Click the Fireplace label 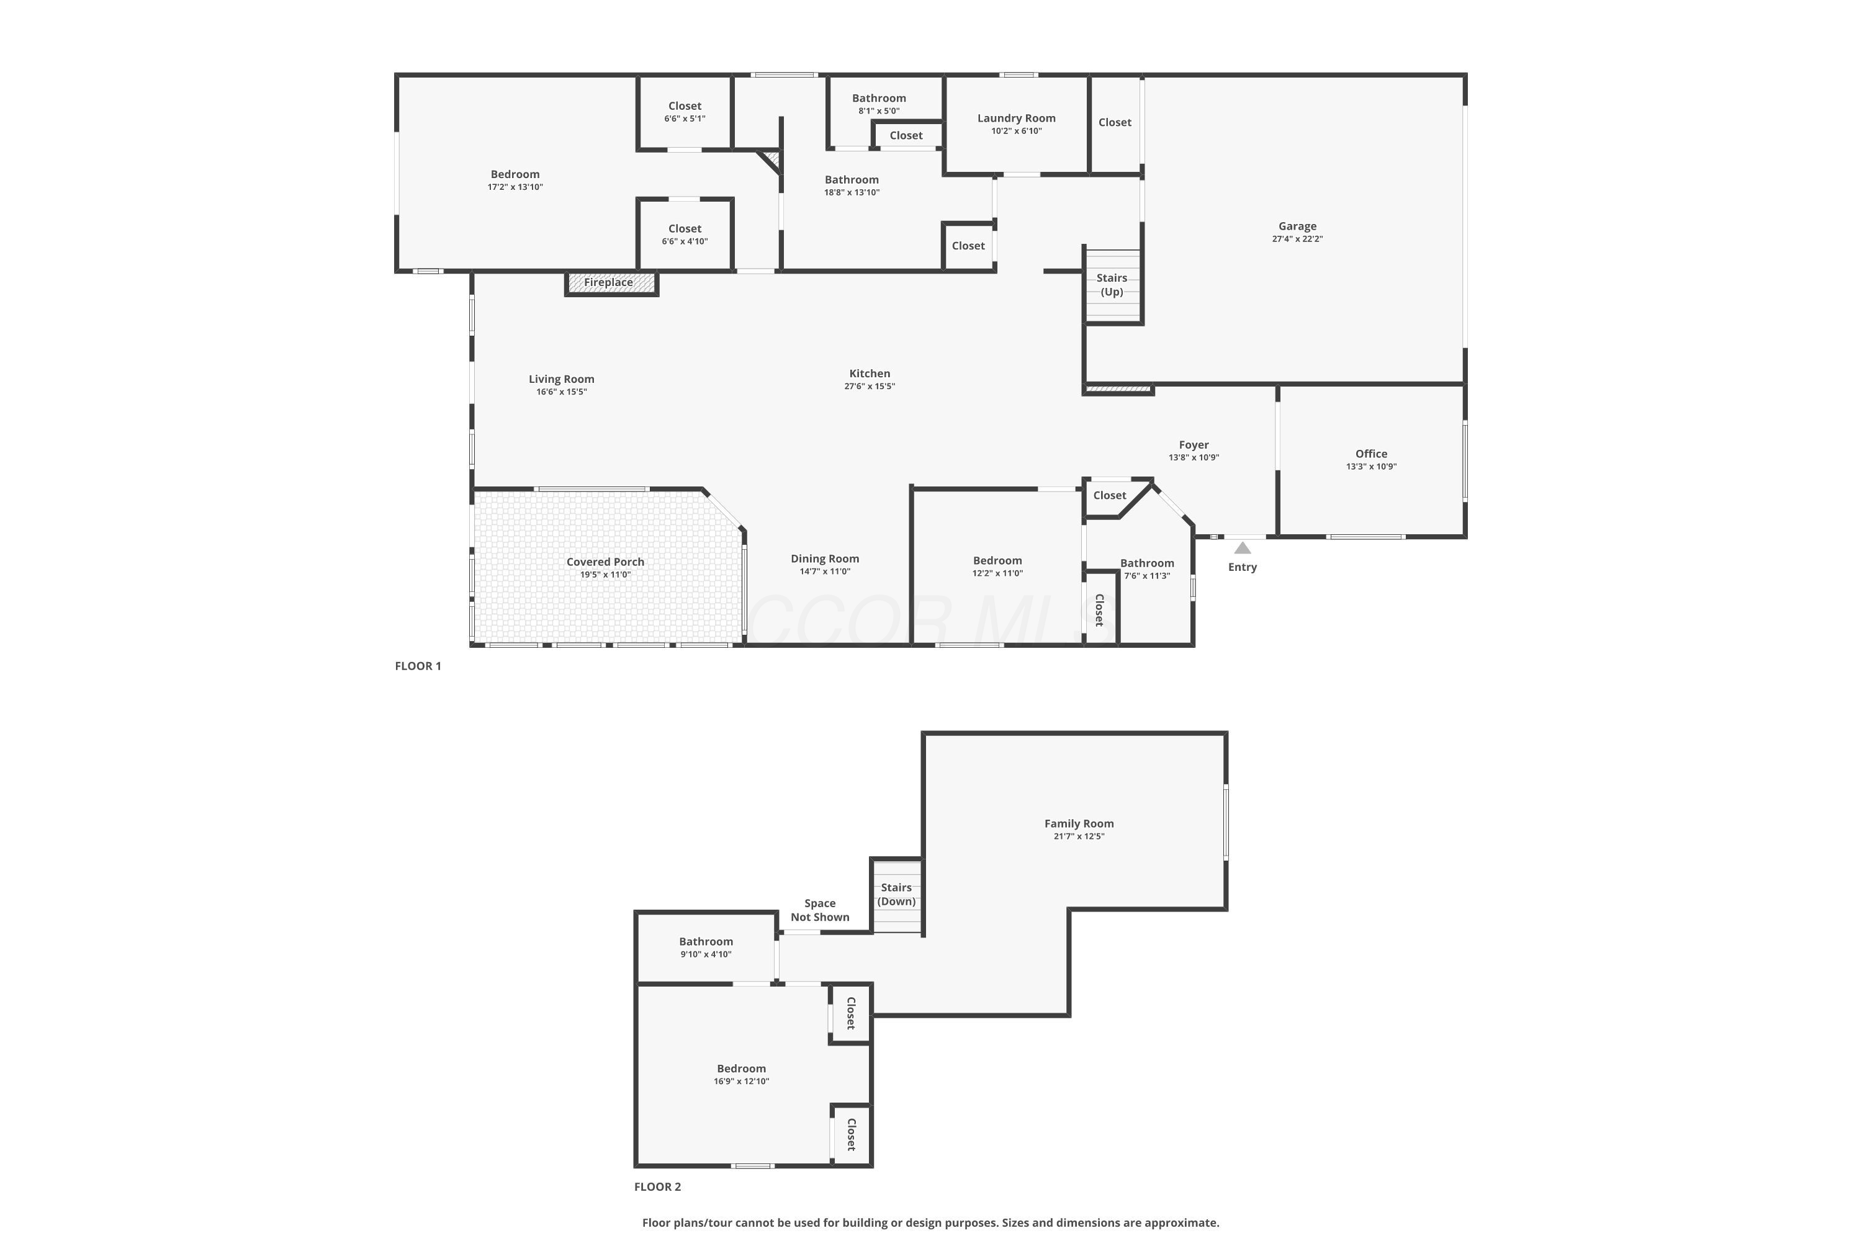[x=608, y=282]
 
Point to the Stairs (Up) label [x=1112, y=285]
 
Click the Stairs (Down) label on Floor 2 [x=896, y=894]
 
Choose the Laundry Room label [x=1017, y=118]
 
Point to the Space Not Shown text [x=819, y=910]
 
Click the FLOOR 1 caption [x=418, y=666]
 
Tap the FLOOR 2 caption [x=657, y=1186]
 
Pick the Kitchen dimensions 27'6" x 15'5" [x=870, y=386]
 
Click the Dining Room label [x=824, y=559]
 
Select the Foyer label [x=1193, y=445]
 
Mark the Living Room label [x=561, y=379]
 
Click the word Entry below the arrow [x=1242, y=567]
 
